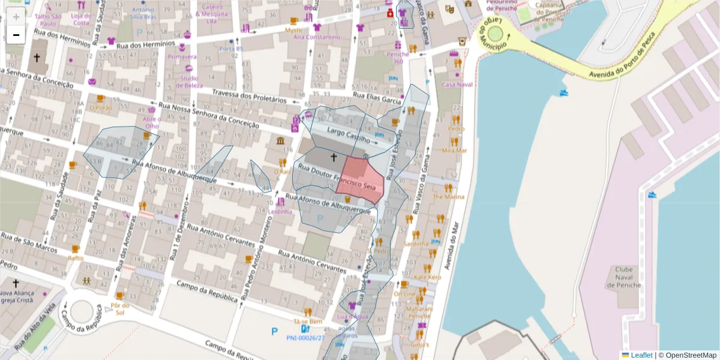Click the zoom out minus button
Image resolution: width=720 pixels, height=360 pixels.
(16, 35)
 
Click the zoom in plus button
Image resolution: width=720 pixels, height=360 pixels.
(16, 17)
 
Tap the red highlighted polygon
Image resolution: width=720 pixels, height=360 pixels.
(362, 179)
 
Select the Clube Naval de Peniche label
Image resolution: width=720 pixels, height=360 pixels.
(628, 277)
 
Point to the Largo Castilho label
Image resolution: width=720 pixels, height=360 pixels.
(349, 135)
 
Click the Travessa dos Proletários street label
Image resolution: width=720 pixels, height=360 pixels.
(247, 98)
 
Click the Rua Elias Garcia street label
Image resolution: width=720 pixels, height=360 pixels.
(376, 97)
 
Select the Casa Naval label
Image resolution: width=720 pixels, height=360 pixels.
(457, 85)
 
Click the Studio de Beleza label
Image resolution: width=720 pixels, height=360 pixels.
(189, 82)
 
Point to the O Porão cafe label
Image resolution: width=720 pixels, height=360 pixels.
(100, 107)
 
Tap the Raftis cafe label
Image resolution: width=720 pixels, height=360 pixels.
(76, 258)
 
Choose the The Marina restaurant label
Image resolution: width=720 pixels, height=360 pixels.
(449, 196)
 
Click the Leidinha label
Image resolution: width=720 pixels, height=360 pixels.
(280, 212)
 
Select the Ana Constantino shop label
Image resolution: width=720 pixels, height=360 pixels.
(316, 37)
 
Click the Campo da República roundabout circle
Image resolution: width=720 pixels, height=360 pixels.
(82, 312)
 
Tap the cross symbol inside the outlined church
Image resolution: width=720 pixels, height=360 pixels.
(334, 158)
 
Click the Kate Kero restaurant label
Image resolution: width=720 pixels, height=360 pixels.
(427, 277)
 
